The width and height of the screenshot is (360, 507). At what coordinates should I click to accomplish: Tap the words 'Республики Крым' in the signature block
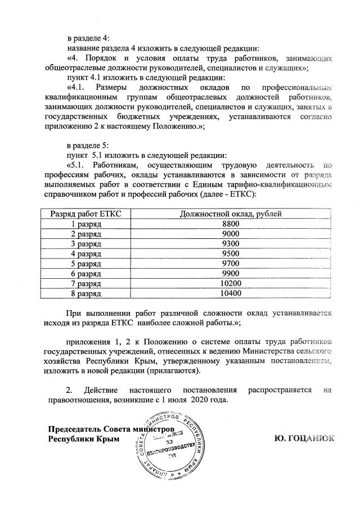pyautogui.click(x=84, y=438)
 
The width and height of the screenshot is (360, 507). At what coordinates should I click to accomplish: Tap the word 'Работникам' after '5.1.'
pyautogui.click(x=116, y=165)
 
